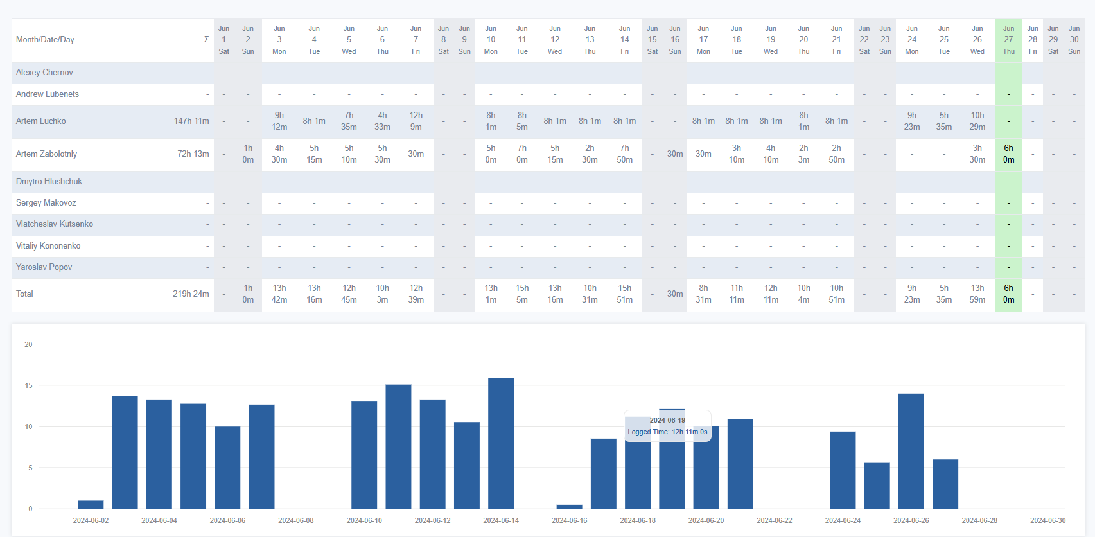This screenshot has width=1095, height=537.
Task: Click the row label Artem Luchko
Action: coord(41,121)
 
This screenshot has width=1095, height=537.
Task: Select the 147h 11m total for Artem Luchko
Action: coord(191,121)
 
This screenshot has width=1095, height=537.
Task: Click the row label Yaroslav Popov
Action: coord(44,267)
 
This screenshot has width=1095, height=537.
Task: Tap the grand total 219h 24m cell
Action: coord(190,294)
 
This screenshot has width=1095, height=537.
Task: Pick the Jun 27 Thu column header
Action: coord(1008,40)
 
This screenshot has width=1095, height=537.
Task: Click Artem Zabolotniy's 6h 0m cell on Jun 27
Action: coord(1008,154)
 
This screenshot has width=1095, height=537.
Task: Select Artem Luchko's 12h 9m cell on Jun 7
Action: coord(416,121)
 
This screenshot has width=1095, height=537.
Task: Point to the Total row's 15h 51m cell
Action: coord(624,294)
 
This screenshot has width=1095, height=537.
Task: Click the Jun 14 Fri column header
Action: coord(624,40)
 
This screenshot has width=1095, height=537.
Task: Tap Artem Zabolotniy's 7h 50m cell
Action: coord(624,154)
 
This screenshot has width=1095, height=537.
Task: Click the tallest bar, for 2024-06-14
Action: coord(501,443)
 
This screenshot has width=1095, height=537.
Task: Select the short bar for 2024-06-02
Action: coord(91,505)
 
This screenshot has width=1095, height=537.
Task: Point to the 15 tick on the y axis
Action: coord(28,386)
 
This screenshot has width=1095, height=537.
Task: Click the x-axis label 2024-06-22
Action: coord(774,520)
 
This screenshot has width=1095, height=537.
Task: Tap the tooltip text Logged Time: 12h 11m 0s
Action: coord(667,432)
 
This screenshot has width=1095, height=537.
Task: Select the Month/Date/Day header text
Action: coord(45,40)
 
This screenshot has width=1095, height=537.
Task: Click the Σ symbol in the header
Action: coord(206,40)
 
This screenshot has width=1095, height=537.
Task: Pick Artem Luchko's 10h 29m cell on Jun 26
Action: coord(977,121)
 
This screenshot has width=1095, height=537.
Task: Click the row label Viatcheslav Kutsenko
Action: coord(55,224)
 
